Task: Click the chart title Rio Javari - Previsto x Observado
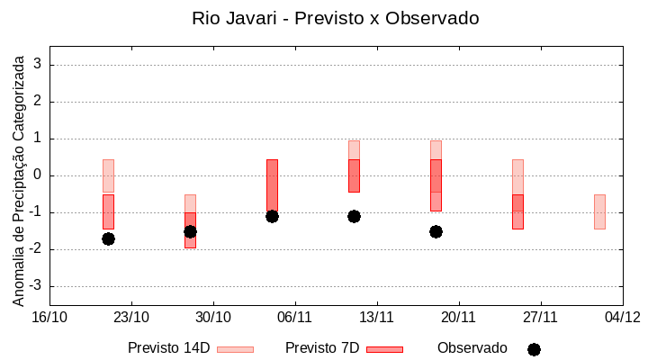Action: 335,18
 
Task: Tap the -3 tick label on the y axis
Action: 36,286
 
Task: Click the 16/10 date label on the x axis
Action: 49,317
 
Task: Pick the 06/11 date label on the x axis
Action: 294,317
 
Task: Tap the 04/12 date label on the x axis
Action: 622,317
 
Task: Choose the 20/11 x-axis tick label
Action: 458,317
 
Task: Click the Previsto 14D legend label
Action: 169,348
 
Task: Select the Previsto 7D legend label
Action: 322,348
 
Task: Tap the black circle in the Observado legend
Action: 534,349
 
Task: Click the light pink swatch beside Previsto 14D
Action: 236,349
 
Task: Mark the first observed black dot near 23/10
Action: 108,238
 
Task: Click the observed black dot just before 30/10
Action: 190,231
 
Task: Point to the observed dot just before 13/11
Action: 354,216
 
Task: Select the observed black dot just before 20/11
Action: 436,231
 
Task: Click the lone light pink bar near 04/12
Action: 599,211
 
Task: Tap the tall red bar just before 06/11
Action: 272,184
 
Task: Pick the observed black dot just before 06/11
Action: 272,216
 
